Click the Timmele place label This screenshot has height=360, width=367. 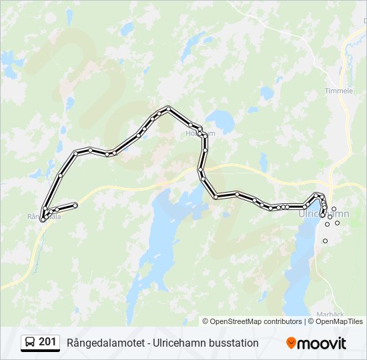[339, 91]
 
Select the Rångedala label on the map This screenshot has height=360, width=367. [44, 217]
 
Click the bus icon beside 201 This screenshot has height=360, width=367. [30, 343]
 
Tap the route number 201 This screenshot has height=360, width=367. [47, 342]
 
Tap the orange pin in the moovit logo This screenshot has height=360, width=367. [291, 343]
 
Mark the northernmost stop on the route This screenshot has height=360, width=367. [169, 108]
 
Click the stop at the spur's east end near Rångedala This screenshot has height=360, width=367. [75, 205]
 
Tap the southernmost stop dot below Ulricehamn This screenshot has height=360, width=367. [326, 241]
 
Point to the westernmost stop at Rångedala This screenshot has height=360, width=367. [43, 219]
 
